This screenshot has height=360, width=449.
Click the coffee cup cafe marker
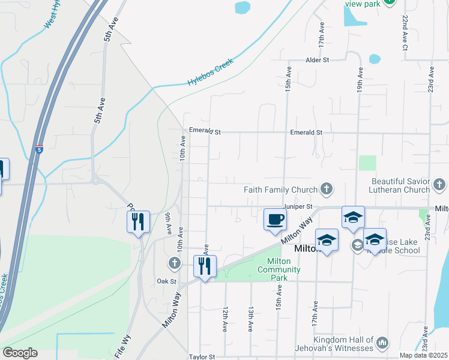click(275, 219)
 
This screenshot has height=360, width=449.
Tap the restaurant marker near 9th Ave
click(138, 223)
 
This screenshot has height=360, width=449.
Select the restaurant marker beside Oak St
click(205, 266)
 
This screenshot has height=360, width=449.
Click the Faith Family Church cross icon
click(326, 190)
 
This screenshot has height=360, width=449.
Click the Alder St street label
click(318, 61)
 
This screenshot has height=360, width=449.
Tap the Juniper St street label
click(300, 206)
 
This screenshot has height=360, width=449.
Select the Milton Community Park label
click(279, 266)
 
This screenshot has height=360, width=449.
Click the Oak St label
click(166, 281)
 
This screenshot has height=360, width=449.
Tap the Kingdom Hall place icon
click(382, 343)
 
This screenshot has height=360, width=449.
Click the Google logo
click(20, 353)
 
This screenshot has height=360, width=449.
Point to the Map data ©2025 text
click(423, 355)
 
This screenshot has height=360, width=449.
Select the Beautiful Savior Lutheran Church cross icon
click(439, 184)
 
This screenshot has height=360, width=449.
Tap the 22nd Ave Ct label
click(405, 33)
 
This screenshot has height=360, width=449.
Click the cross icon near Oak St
click(174, 263)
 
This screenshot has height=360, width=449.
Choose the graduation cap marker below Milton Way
click(327, 241)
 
